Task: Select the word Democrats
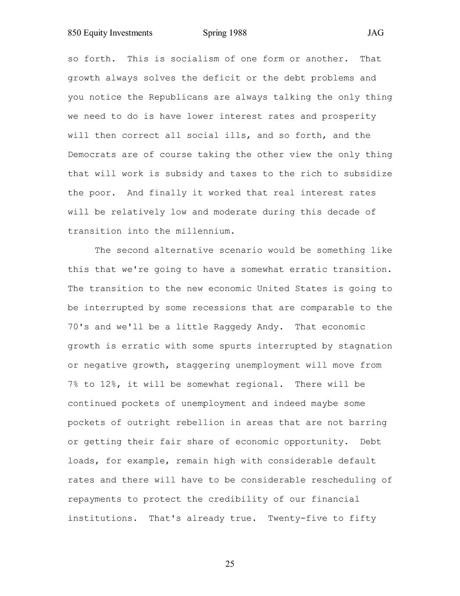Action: pyautogui.click(x=92, y=155)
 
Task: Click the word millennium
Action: pyautogui.click(x=205, y=231)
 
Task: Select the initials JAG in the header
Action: pyautogui.click(x=375, y=33)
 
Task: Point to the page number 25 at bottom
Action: pyautogui.click(x=230, y=564)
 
